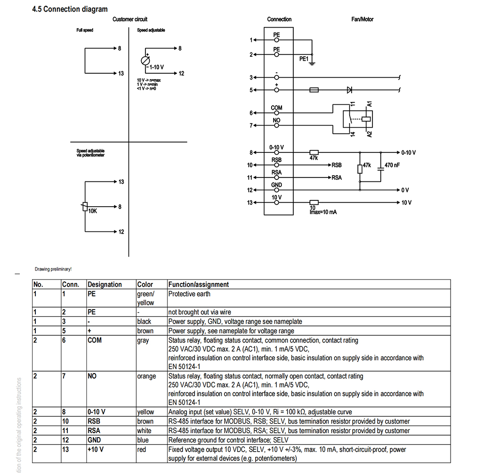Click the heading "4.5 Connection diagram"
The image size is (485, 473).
coord(70,9)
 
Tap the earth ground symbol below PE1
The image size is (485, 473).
coord(312,64)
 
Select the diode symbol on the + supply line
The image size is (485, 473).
coord(350,90)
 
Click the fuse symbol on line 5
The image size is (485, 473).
coord(314,90)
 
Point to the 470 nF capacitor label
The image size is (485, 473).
coord(392,165)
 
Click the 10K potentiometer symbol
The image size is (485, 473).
coord(85,207)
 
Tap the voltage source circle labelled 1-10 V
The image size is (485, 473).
coord(145,61)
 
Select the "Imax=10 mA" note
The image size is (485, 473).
coord(323,212)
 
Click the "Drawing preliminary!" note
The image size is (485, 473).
coord(53,269)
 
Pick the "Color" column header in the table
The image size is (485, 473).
coord(145,284)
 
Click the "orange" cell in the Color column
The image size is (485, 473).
coord(146,376)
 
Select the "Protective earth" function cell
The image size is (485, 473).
coord(189,294)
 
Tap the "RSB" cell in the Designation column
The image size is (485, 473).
coord(94,422)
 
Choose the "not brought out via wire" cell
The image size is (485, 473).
coord(199,312)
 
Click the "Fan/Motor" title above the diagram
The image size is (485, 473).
coord(362,19)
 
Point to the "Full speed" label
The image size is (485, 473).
coord(85,30)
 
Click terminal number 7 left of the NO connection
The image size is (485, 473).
coord(251,126)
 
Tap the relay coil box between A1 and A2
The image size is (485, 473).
coord(366,119)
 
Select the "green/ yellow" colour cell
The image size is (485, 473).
coord(145,298)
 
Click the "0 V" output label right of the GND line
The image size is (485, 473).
coord(405,190)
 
